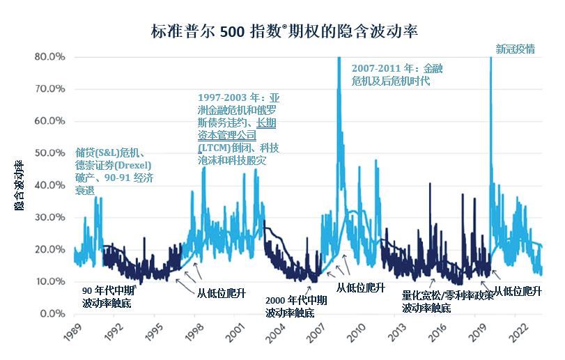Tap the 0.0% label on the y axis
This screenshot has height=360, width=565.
(x=52, y=314)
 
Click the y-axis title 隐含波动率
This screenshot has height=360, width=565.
(x=19, y=185)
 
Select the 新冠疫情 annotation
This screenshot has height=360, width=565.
(x=515, y=49)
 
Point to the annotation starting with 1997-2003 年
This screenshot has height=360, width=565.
(x=238, y=129)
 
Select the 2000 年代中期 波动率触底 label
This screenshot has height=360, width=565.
(x=296, y=306)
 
